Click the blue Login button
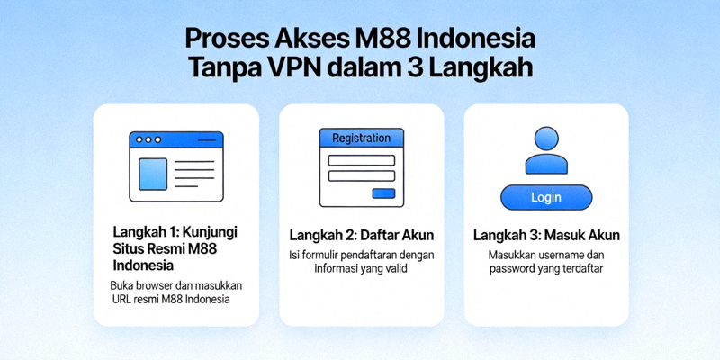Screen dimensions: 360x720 [545, 197]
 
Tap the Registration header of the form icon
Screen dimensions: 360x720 [361, 139]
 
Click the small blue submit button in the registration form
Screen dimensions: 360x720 [383, 193]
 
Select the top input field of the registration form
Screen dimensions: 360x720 [361, 160]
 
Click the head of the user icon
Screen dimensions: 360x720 [545, 139]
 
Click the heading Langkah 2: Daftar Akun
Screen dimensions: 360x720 [361, 235]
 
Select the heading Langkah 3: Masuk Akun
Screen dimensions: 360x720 [545, 236]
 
